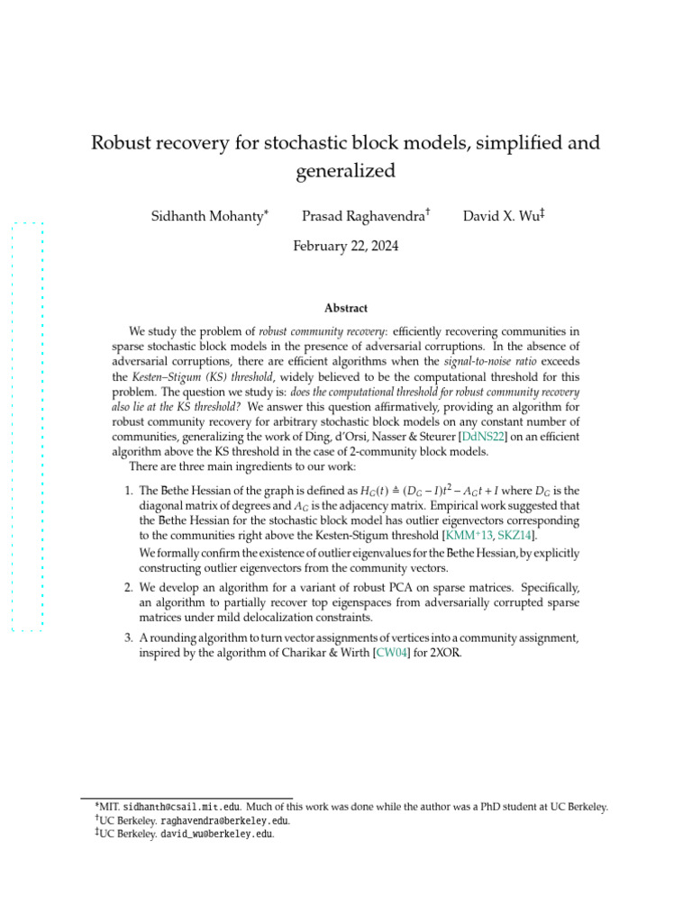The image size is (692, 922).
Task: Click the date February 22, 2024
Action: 346,246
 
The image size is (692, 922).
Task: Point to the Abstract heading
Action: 346,308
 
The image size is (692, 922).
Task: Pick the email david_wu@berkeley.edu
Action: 216,834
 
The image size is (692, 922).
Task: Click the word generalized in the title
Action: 346,171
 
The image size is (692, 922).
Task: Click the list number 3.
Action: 127,637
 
